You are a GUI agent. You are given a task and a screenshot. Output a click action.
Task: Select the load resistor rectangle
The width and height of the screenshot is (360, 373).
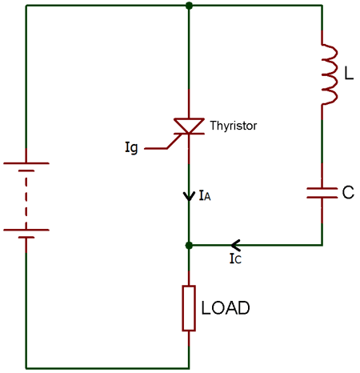(189, 308)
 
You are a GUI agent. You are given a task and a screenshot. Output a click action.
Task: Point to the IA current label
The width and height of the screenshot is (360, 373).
(204, 196)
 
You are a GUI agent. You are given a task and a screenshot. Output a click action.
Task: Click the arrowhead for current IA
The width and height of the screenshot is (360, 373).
(189, 195)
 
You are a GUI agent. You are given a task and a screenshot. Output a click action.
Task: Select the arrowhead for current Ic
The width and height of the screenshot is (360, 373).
(234, 245)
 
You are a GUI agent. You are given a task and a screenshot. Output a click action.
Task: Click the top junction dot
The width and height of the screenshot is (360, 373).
(189, 6)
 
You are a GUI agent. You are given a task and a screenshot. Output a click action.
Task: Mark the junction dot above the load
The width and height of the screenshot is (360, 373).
(189, 245)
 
